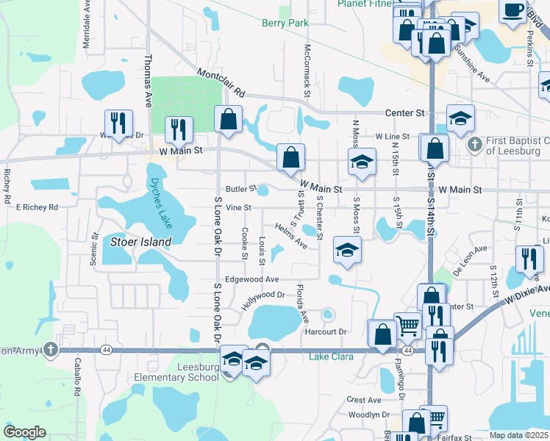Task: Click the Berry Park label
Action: point(285,24)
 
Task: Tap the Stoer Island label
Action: point(140,241)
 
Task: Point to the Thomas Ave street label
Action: point(148,81)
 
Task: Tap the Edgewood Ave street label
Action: point(252,279)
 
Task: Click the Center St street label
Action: point(406,113)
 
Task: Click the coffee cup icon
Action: point(513,10)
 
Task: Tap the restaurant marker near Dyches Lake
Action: point(179,130)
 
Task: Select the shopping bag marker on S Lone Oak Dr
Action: point(228,120)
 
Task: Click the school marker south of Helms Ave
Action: point(347,250)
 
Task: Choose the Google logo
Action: point(24,431)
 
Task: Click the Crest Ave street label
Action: point(364,400)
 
